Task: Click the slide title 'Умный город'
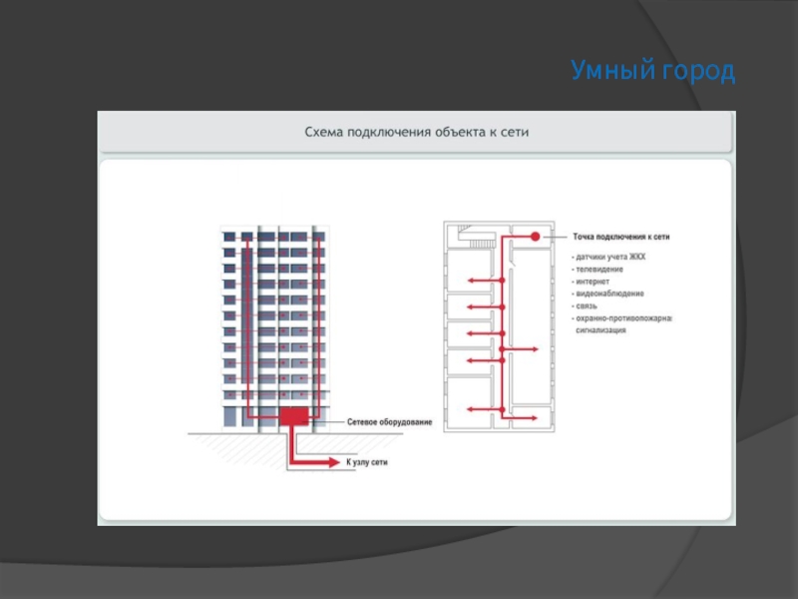point(652,71)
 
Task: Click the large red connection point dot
point(535,237)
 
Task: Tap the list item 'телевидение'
point(599,270)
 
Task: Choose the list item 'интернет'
point(596,282)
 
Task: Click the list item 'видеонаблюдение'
point(609,294)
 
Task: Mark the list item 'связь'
point(588,305)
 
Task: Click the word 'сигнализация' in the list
point(601,329)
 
